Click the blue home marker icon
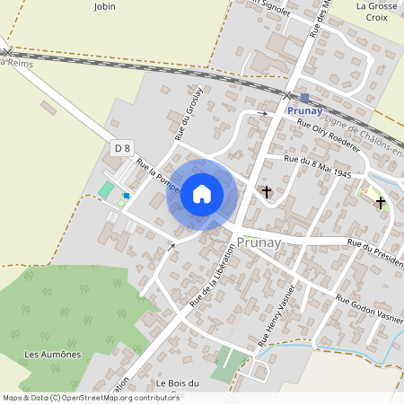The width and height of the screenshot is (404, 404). tap(202, 194)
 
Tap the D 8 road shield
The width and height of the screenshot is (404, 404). tap(122, 147)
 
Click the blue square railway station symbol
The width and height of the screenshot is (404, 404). tap(305, 98)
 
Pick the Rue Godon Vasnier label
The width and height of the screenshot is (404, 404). tap(369, 310)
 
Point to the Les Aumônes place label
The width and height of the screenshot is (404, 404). tap(53, 354)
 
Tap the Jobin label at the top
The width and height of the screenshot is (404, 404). tap(105, 5)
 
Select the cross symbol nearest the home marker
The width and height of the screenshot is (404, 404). tap(266, 191)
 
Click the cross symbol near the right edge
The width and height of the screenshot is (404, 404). tap(381, 203)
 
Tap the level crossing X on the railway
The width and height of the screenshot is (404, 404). tap(287, 94)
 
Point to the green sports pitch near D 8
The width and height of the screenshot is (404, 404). tap(107, 189)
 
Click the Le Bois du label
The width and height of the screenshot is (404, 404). tap(178, 383)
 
